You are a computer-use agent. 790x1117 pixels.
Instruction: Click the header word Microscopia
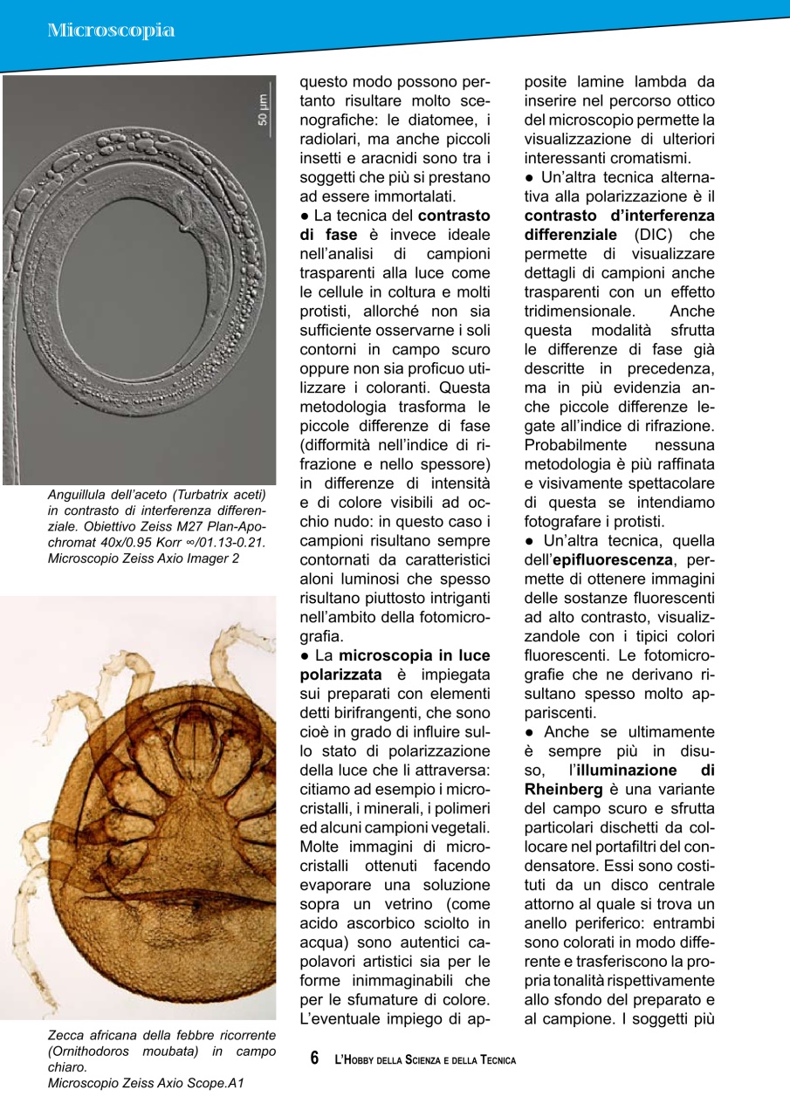click(x=111, y=31)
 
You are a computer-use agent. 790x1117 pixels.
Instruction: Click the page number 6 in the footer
click(x=316, y=1059)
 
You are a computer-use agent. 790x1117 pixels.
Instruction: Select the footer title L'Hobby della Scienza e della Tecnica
click(x=425, y=1059)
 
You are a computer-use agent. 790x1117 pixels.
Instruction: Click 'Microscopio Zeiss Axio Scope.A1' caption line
click(x=146, y=1083)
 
